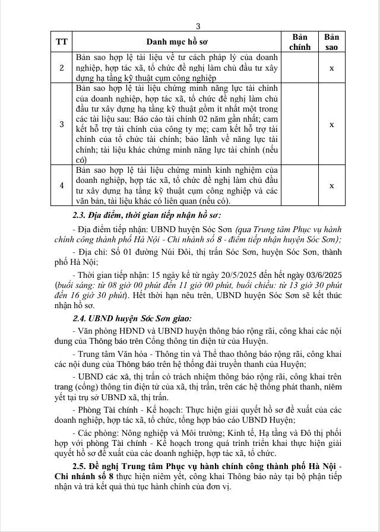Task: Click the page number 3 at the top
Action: click(198, 26)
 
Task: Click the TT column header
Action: click(62, 42)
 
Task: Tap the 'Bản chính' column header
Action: click(300, 42)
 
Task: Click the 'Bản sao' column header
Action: click(331, 42)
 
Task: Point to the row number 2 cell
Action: click(62, 68)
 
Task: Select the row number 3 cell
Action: click(62, 124)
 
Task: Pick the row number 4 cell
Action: click(62, 186)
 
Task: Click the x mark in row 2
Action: click(331, 68)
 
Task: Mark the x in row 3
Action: click(331, 124)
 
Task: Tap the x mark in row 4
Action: click(331, 186)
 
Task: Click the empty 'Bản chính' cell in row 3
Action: click(300, 124)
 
